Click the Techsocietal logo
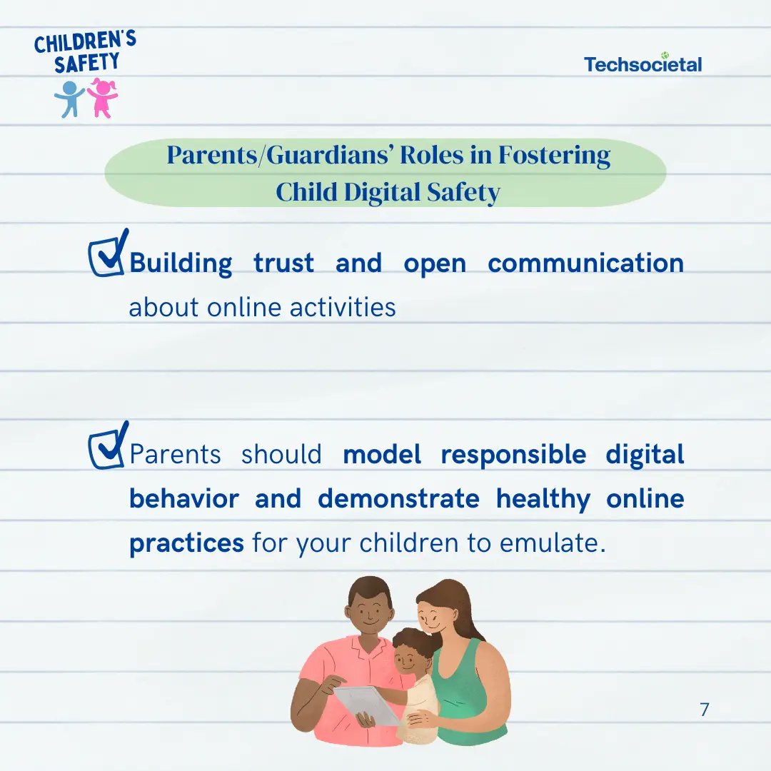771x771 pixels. [x=642, y=64]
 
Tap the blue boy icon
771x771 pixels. [x=69, y=99]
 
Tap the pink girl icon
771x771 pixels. [x=103, y=97]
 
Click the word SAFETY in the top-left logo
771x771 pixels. [x=86, y=62]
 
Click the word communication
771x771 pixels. [x=585, y=263]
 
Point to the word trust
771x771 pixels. [x=283, y=263]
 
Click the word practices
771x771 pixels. [x=186, y=544]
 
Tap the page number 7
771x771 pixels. [x=704, y=709]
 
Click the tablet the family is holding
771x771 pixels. [x=367, y=705]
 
